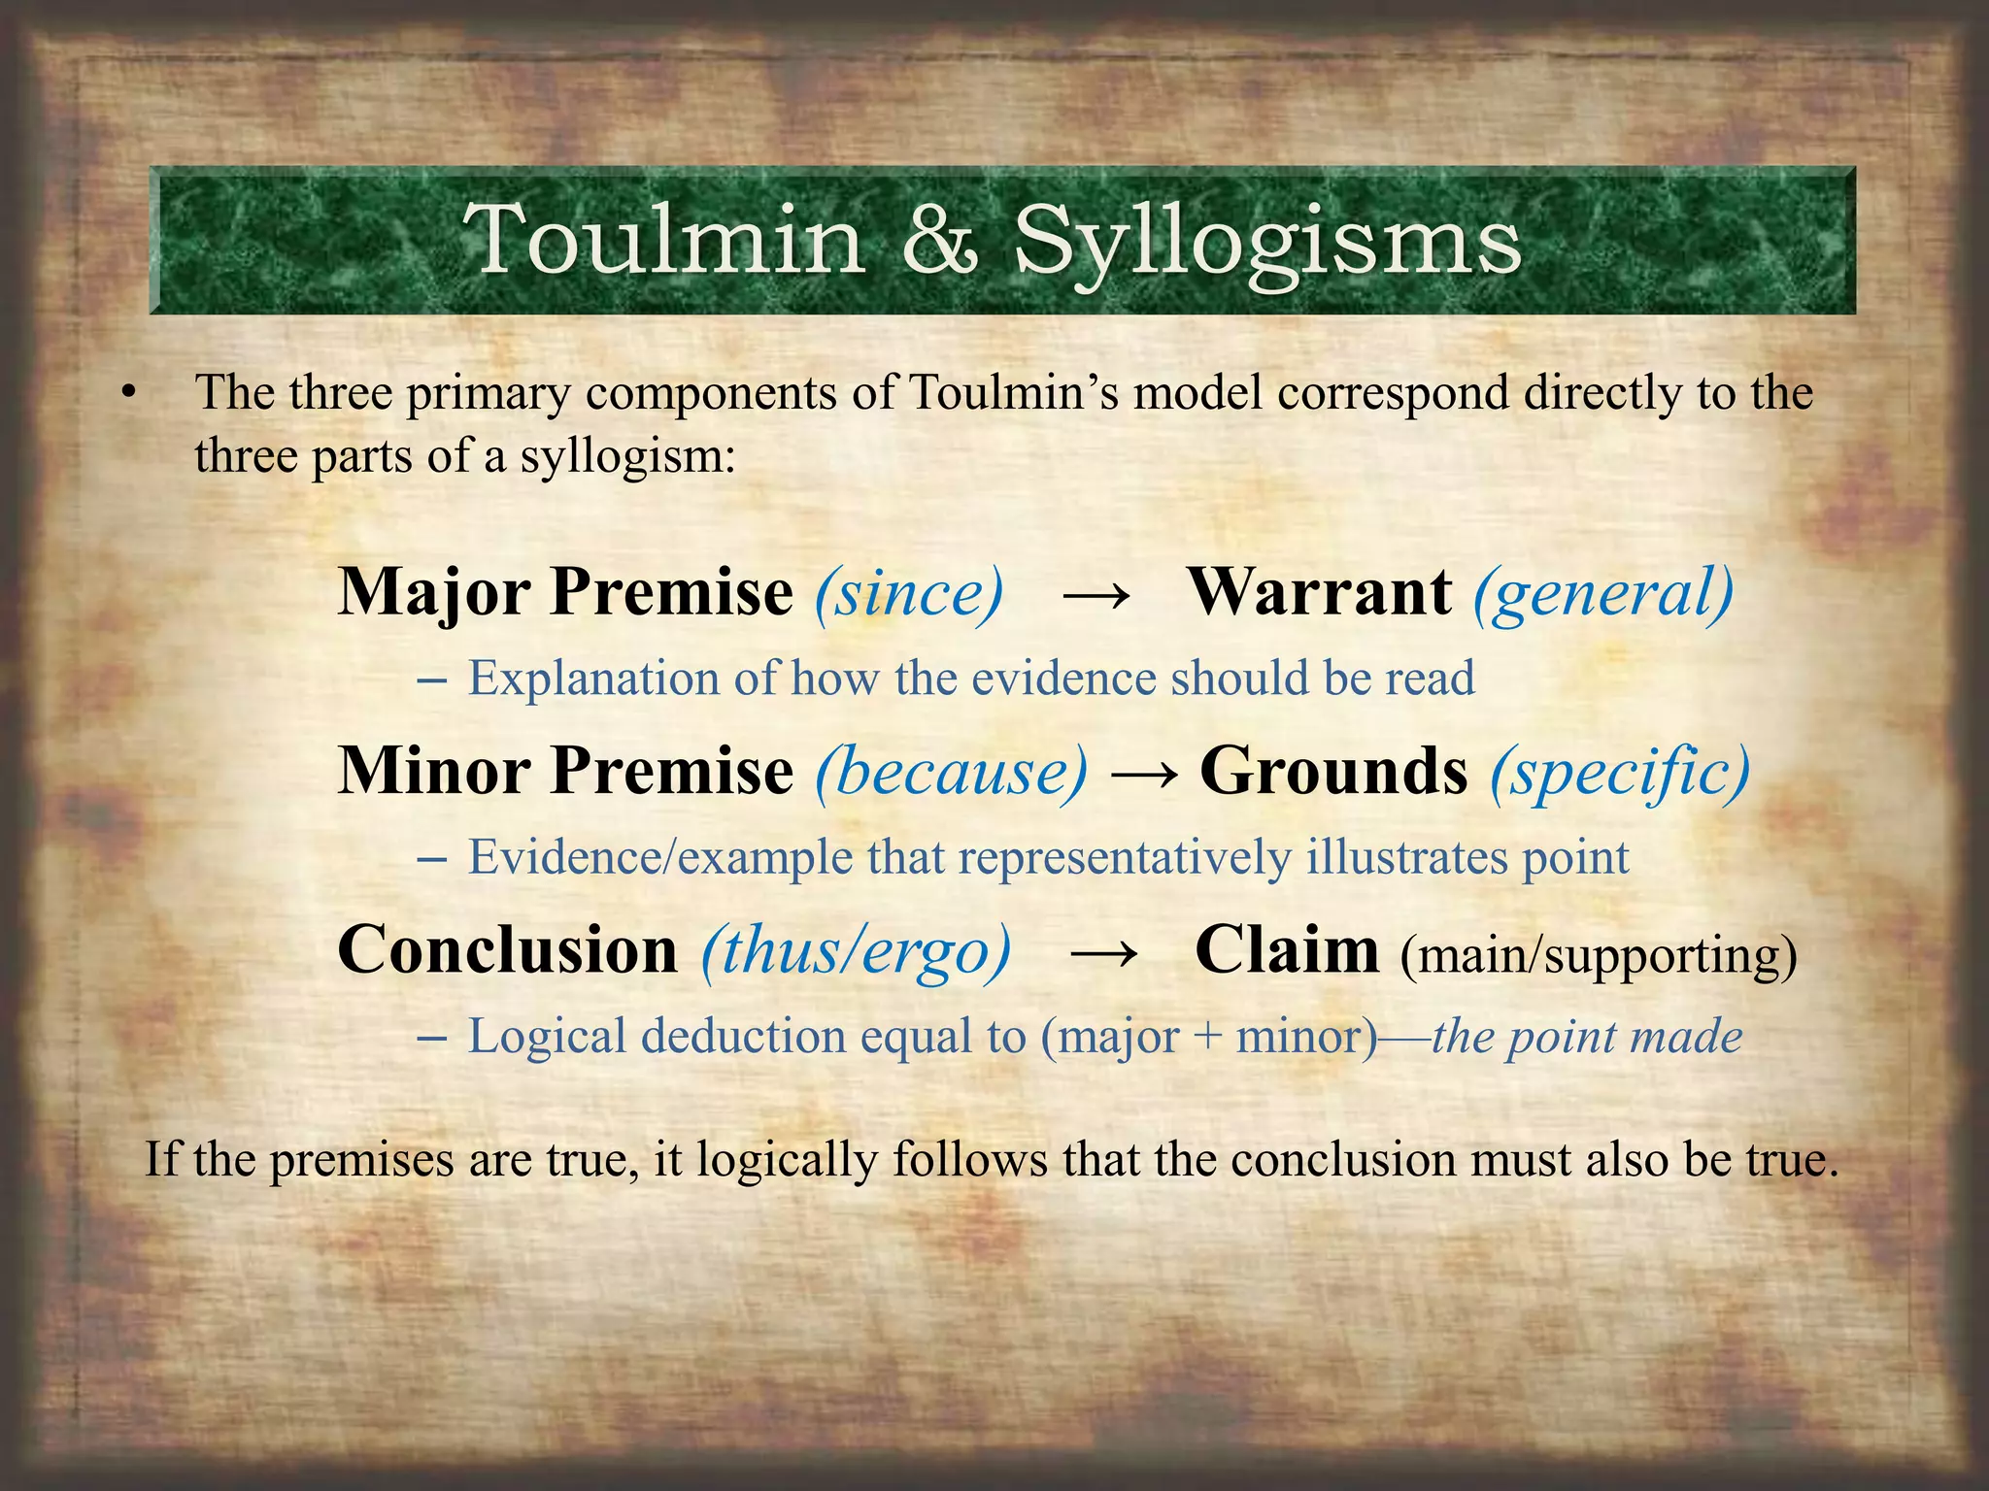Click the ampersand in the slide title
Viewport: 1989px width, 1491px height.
pyautogui.click(x=939, y=241)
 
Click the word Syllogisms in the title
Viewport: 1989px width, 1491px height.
pyautogui.click(x=1267, y=243)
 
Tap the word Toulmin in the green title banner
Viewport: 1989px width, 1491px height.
pyautogui.click(x=663, y=241)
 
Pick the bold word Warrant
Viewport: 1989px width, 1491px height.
pyautogui.click(x=1320, y=591)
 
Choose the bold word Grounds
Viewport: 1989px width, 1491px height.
pyautogui.click(x=1333, y=771)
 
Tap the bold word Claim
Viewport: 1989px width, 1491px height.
pyautogui.click(x=1286, y=950)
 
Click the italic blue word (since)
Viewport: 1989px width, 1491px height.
pyautogui.click(x=909, y=593)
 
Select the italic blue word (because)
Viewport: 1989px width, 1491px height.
pyautogui.click(x=952, y=773)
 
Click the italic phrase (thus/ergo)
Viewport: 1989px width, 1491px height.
pyautogui.click(x=856, y=952)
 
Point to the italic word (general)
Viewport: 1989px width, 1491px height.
pyautogui.click(x=1603, y=593)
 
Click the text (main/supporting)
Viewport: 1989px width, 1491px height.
pyautogui.click(x=1599, y=956)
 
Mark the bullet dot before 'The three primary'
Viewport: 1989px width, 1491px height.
pyautogui.click(x=126, y=394)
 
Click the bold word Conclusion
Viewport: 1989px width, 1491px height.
pyautogui.click(x=507, y=950)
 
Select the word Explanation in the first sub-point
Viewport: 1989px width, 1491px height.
pyautogui.click(x=592, y=678)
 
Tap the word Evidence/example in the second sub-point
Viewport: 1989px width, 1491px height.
pyautogui.click(x=659, y=857)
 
